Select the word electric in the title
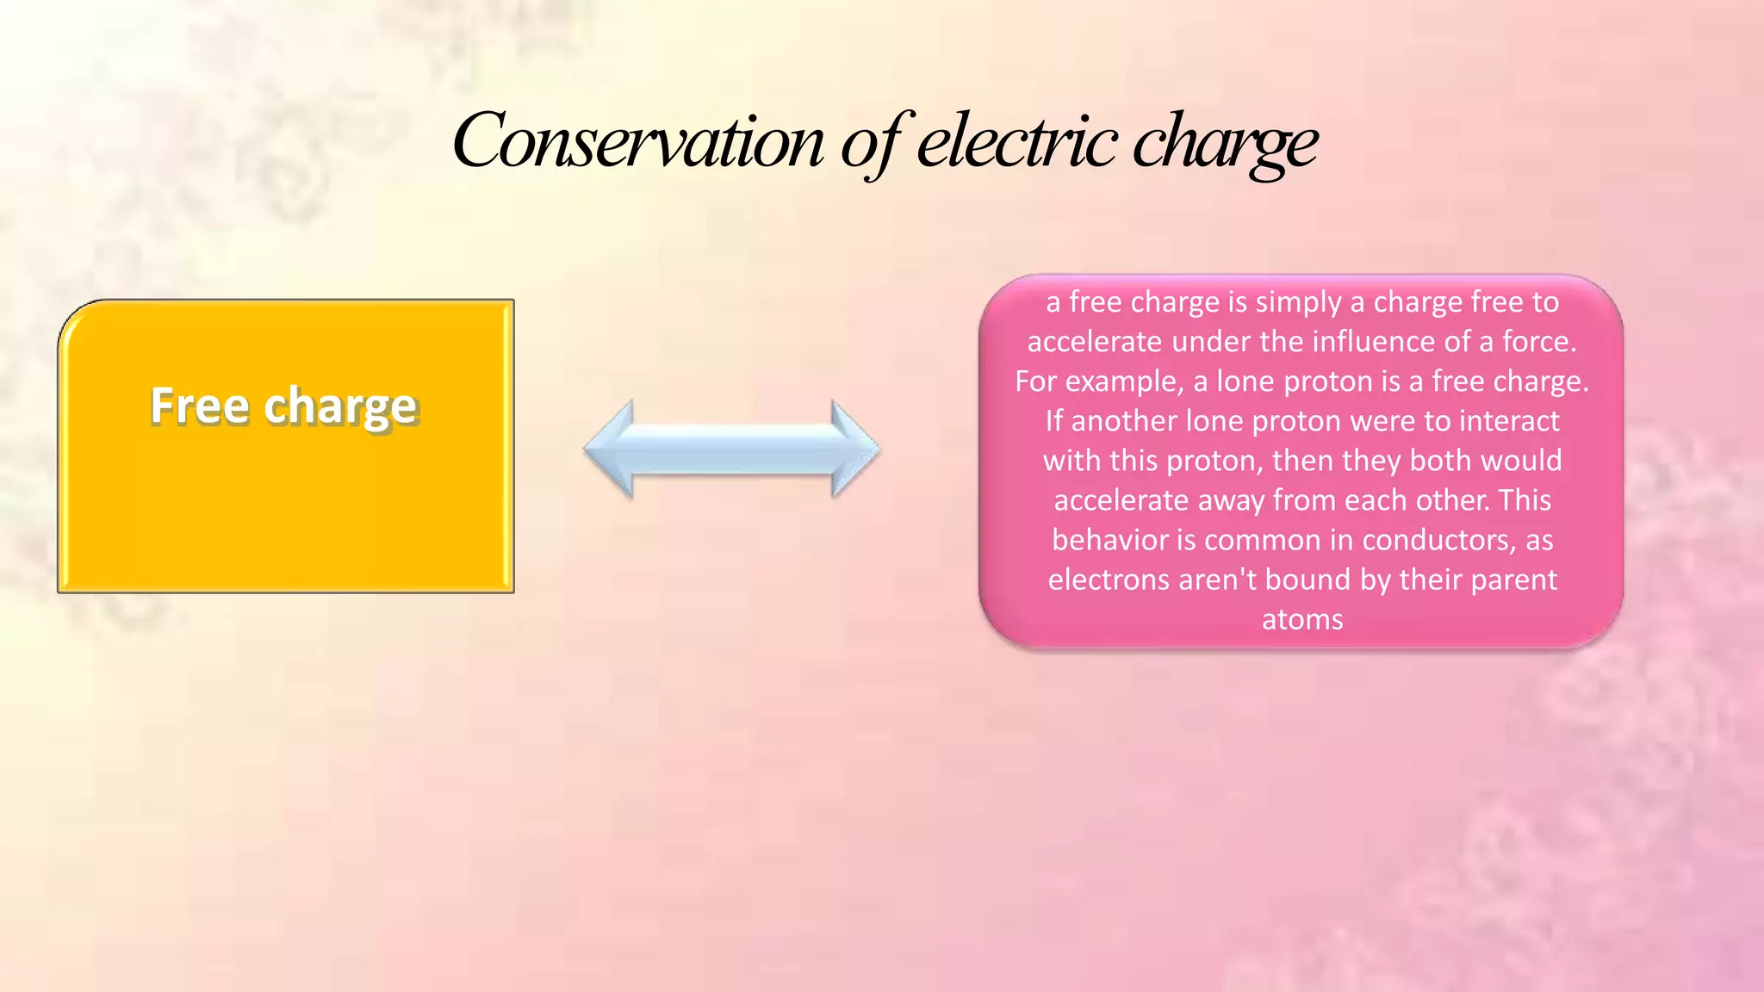point(1016,140)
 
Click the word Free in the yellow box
point(200,406)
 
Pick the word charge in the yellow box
point(341,407)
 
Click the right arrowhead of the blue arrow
point(854,449)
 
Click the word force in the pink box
point(1539,342)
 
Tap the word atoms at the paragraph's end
point(1302,619)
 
